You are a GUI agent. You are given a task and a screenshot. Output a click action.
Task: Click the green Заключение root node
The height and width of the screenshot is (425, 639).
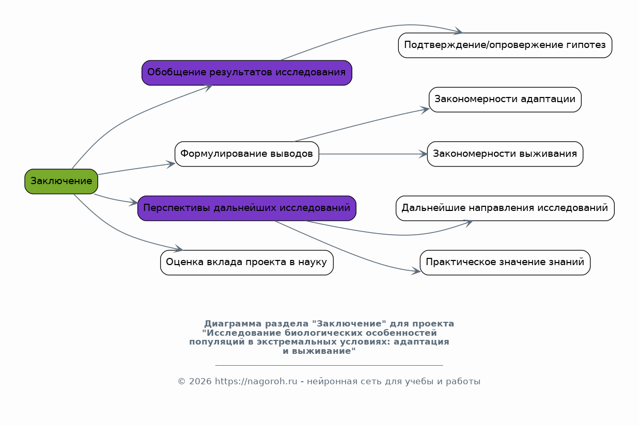61,182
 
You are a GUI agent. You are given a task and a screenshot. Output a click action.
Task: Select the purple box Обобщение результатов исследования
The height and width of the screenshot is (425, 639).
247,73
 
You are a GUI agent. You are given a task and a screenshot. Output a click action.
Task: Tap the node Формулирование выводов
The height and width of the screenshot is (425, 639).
247,154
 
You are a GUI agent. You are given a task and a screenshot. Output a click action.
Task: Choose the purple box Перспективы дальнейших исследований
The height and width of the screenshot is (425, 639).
247,208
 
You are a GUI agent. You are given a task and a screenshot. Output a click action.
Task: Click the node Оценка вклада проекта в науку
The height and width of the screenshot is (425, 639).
247,263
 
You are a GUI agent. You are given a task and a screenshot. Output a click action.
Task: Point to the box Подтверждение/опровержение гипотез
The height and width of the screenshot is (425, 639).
505,45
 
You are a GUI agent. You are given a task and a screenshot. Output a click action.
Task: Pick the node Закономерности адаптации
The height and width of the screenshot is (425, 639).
505,100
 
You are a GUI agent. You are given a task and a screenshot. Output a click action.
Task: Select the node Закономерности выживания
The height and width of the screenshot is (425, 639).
505,154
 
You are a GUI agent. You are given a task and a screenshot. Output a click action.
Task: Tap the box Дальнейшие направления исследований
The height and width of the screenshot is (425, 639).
505,208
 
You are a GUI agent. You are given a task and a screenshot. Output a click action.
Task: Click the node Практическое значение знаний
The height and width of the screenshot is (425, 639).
505,263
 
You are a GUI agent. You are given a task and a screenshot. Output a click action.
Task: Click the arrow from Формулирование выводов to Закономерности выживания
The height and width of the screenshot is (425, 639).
373,154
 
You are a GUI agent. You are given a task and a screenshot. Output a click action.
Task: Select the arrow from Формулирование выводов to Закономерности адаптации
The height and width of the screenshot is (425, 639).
362,124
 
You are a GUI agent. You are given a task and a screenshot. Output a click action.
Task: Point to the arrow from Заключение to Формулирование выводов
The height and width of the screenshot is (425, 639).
136,169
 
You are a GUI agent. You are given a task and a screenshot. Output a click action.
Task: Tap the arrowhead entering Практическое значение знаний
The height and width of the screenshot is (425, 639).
416,271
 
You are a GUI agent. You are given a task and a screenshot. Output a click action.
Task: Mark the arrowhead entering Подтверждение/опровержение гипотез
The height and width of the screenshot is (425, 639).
458,31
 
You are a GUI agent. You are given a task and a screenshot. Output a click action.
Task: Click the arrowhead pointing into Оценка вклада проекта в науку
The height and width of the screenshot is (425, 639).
178,249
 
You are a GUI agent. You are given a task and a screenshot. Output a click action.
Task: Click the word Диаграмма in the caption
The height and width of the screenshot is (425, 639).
233,324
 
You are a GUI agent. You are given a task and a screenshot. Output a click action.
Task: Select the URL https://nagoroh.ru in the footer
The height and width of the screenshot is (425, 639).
256,382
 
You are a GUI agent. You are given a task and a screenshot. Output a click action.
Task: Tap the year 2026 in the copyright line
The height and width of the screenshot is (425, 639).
200,382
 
